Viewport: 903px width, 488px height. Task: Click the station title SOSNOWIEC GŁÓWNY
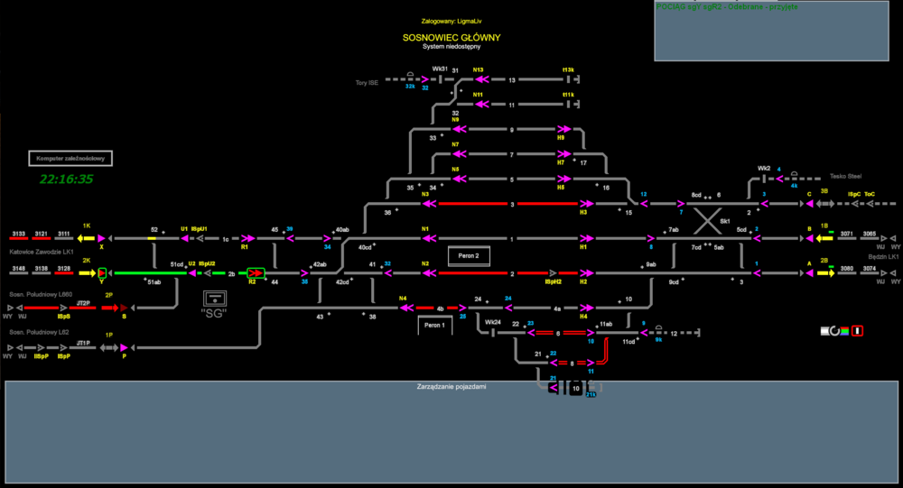[x=451, y=38]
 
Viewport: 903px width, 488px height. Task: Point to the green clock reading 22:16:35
[x=67, y=180]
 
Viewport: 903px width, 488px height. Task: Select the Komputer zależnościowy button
[x=70, y=159]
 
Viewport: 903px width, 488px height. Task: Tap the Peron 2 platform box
[x=470, y=256]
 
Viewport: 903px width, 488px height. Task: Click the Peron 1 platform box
[x=433, y=325]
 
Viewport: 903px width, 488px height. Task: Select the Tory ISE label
[x=368, y=82]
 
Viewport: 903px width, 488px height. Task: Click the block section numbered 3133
[x=19, y=234]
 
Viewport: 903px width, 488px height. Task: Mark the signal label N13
[x=479, y=69]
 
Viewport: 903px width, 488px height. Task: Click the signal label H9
[x=561, y=138]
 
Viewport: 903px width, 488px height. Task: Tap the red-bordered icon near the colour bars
[x=857, y=331]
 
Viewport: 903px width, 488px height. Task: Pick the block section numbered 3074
[x=869, y=268]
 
